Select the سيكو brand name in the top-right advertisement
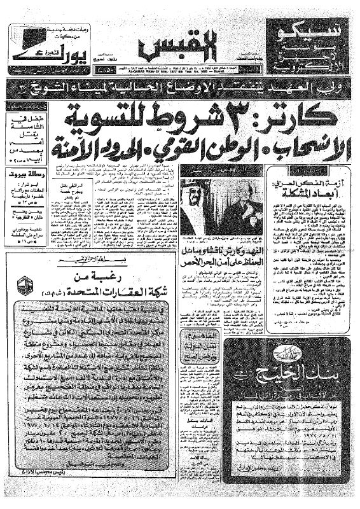click(310, 30)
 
